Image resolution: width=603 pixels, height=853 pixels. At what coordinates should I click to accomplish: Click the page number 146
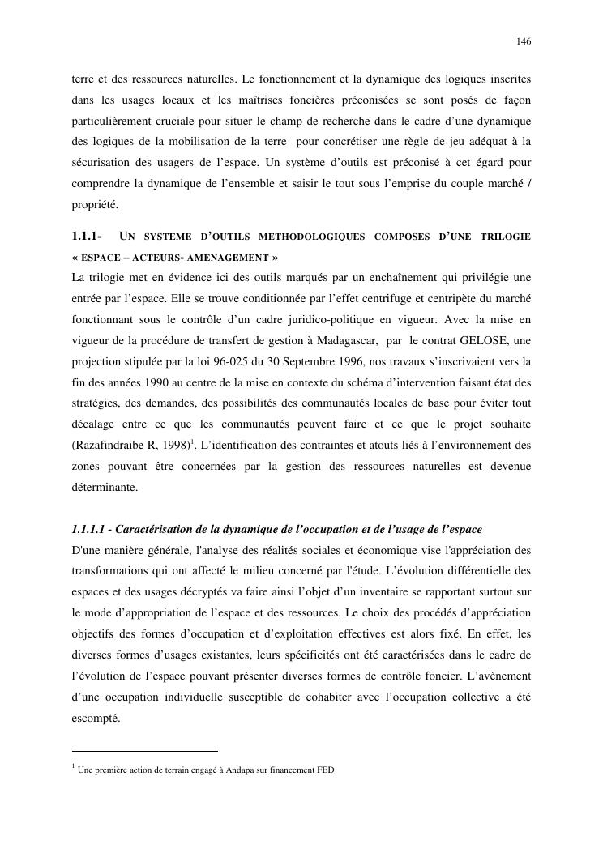click(x=524, y=41)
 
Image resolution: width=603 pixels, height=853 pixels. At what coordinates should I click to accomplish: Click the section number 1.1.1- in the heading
click(x=86, y=237)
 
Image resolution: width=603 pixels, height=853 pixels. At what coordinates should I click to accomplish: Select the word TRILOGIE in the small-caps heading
click(x=505, y=237)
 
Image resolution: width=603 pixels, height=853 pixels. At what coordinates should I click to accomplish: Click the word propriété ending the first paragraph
click(x=95, y=206)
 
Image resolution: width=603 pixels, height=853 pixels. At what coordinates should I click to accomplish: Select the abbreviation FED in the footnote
click(x=325, y=770)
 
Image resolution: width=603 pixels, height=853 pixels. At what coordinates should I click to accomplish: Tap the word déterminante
click(x=105, y=488)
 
